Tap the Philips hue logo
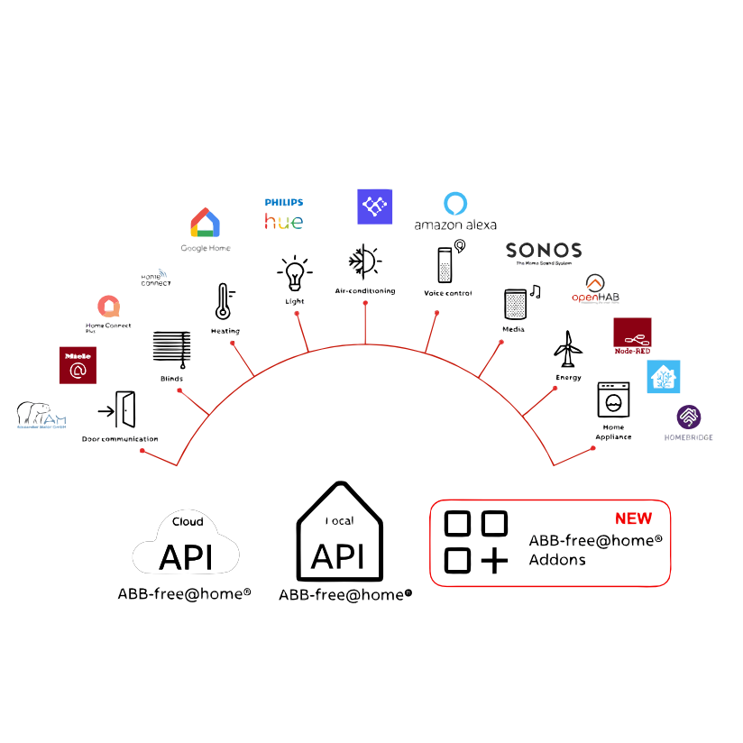283,214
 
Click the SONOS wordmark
543,251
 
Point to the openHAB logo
595,289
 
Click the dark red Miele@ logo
78,365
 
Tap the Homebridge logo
693,418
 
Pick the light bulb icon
294,273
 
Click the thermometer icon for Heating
223,303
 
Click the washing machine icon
613,399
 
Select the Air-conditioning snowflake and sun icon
364,262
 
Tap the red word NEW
633,518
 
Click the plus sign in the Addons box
493,560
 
